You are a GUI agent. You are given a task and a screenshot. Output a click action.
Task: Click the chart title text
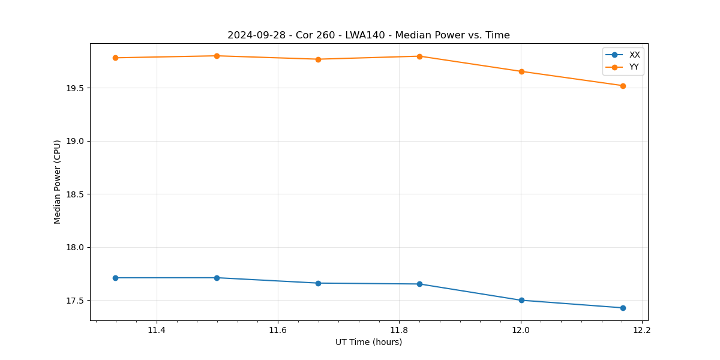(368, 35)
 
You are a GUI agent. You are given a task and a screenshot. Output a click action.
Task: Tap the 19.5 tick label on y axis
(76, 88)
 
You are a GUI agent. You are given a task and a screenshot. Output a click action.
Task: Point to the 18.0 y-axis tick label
(76, 247)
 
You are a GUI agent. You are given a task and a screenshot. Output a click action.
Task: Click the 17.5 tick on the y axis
(76, 301)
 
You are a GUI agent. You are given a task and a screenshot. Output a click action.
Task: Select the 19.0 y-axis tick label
(76, 141)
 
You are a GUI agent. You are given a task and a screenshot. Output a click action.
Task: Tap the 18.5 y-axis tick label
(76, 194)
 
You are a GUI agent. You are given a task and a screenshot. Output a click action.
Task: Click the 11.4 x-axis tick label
(157, 330)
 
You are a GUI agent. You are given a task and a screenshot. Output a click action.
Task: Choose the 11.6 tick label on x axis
(278, 330)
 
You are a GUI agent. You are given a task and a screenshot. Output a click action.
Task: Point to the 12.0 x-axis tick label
(521, 330)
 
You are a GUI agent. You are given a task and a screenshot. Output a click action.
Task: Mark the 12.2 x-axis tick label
(642, 330)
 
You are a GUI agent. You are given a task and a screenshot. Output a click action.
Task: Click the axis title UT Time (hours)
(368, 342)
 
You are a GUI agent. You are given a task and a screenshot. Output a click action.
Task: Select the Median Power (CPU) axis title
(58, 182)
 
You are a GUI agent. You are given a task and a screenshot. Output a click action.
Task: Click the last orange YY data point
(623, 86)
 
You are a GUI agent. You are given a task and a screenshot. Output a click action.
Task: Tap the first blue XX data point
(115, 278)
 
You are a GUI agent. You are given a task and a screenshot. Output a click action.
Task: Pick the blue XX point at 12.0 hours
(521, 300)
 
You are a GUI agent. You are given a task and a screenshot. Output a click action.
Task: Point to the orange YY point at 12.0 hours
(521, 71)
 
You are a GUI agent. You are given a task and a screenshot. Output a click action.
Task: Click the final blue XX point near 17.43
(623, 308)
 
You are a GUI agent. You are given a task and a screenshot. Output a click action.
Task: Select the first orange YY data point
(115, 58)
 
